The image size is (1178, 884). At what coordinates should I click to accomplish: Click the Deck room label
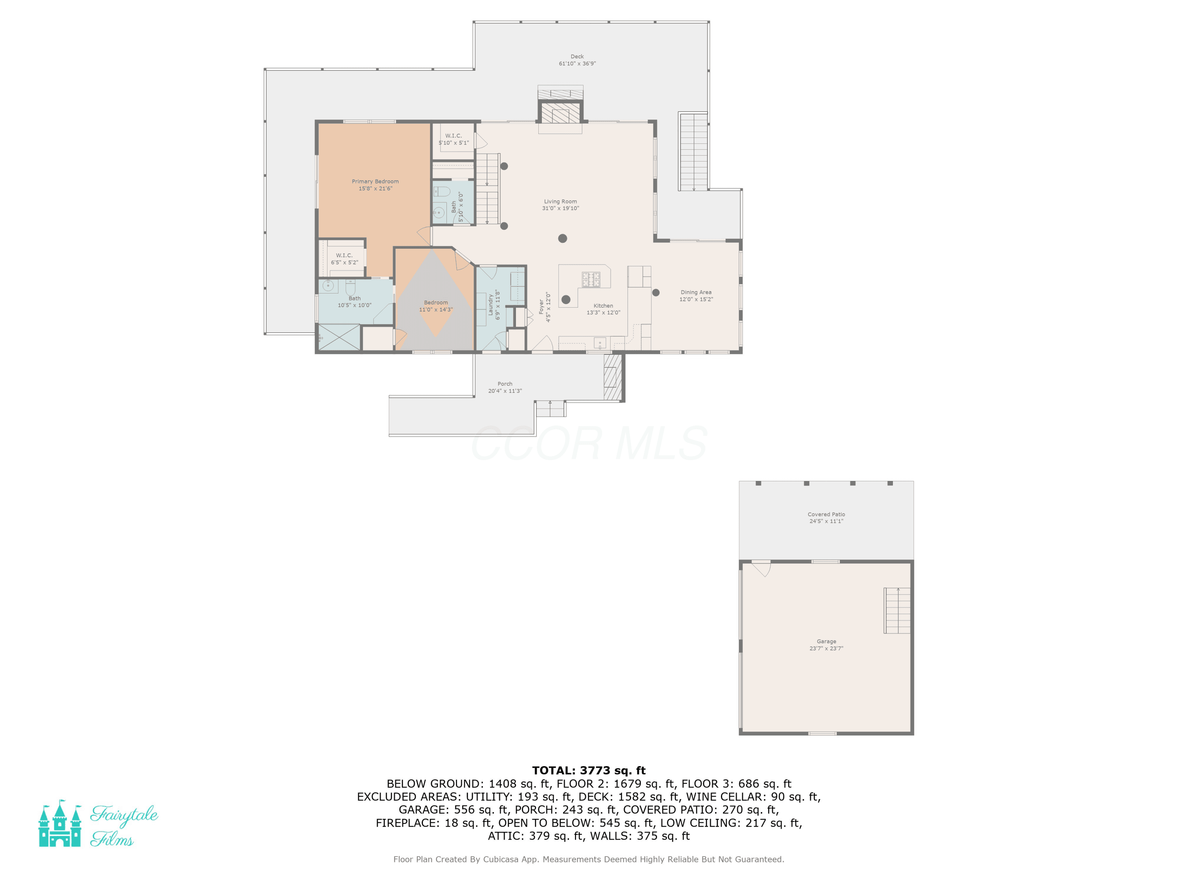[577, 57]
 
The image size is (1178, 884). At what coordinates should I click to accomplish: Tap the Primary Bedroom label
[375, 182]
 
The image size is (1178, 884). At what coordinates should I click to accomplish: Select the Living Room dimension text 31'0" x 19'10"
[560, 208]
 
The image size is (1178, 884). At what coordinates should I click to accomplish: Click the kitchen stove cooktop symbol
[591, 279]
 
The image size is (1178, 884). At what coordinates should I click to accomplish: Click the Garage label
[826, 642]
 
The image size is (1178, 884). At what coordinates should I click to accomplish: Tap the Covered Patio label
[826, 515]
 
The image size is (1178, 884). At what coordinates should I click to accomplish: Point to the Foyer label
[541, 307]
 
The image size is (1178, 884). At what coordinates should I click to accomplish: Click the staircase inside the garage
[897, 610]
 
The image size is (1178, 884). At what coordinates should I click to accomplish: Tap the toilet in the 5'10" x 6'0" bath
[442, 191]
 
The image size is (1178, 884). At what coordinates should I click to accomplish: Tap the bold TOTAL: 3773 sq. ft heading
[589, 770]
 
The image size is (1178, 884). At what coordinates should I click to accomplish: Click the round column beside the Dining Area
[656, 293]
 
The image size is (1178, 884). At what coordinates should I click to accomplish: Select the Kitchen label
[604, 306]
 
